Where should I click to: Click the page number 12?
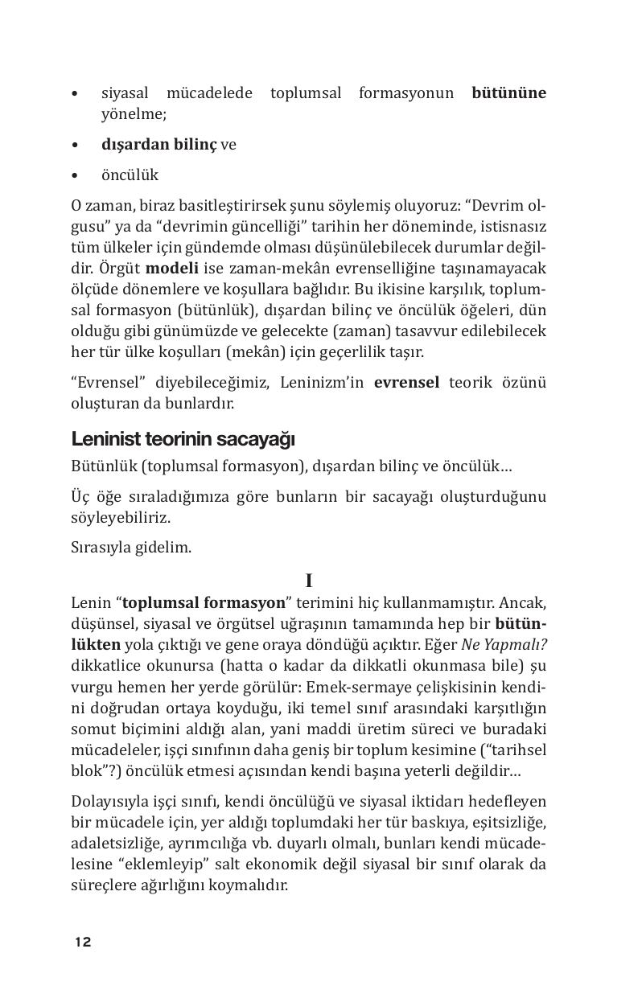click(x=83, y=942)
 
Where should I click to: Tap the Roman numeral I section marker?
click(x=309, y=581)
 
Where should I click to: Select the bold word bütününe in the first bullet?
click(x=508, y=92)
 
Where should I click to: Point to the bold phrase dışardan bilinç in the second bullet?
click(x=158, y=145)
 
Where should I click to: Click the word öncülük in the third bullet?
click(x=130, y=175)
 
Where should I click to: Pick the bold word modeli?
click(x=171, y=267)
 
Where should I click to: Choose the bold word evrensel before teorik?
click(x=406, y=382)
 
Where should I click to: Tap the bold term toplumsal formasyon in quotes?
click(x=204, y=602)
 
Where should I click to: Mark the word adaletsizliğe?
click(x=113, y=844)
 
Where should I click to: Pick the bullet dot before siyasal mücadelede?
click(x=75, y=93)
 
